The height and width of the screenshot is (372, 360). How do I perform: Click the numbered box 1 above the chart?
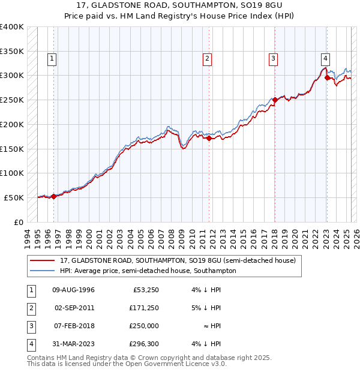click(x=53, y=59)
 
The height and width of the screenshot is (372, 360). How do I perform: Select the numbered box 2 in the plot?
click(x=206, y=59)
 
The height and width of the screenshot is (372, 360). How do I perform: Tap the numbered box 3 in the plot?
click(x=273, y=59)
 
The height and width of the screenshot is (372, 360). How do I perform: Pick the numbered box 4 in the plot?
click(x=325, y=59)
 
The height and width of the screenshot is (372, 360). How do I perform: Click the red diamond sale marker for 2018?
click(x=275, y=100)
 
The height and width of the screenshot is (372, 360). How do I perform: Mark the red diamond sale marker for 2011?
click(x=209, y=138)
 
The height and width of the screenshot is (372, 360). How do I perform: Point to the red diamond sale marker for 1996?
click(x=53, y=196)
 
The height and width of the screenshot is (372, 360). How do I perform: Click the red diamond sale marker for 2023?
click(x=327, y=77)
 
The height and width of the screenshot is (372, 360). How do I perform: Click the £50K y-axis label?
click(x=14, y=197)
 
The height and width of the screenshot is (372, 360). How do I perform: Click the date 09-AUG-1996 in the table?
click(x=74, y=290)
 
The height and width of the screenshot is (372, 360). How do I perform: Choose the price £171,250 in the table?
click(x=142, y=308)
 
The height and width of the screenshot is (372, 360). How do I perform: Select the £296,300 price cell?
click(x=142, y=344)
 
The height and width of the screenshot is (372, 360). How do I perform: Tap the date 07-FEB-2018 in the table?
click(x=74, y=326)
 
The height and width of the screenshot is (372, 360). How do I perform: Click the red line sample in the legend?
click(x=42, y=261)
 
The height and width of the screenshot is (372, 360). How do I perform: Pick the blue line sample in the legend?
click(x=42, y=271)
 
